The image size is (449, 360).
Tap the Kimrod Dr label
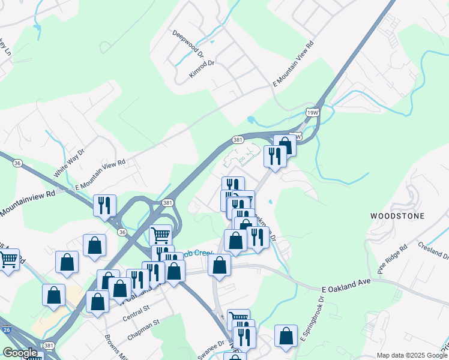click(202, 69)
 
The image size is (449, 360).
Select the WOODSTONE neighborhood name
click(397, 216)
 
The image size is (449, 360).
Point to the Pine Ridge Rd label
click(392, 259)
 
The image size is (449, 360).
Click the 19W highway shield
click(312, 112)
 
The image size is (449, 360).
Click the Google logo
click(20, 353)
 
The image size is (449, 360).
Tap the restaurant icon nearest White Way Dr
click(105, 205)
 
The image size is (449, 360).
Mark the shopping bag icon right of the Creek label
click(220, 265)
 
